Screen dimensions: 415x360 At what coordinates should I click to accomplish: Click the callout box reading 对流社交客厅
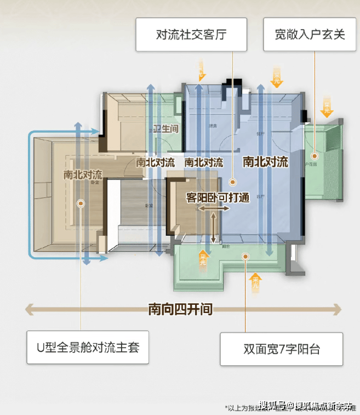point(191,35)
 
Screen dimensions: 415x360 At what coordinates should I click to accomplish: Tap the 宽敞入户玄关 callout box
point(310,35)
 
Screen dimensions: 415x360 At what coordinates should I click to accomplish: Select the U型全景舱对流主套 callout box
point(88,346)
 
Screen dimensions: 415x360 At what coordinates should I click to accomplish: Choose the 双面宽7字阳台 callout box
point(281,349)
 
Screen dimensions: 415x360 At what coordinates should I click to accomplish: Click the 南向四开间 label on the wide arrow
point(180,310)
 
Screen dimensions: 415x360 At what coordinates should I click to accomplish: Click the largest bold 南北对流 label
point(265,162)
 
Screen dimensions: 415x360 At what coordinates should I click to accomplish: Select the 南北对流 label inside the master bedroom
point(83,175)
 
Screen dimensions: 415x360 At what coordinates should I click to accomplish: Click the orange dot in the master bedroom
point(81,203)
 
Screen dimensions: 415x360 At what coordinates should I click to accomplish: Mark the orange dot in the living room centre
point(232,180)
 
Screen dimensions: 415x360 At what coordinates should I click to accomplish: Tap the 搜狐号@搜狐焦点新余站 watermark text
point(306,406)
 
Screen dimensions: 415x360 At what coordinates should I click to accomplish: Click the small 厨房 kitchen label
point(213,126)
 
